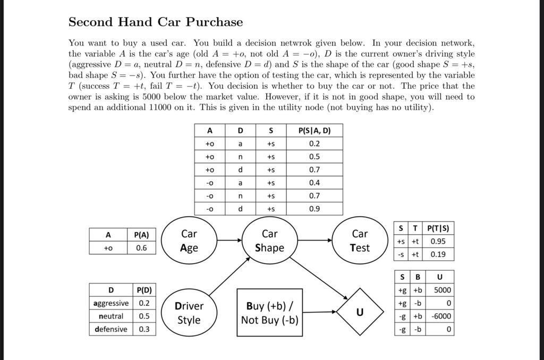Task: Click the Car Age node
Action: (x=189, y=241)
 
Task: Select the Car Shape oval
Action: (x=269, y=241)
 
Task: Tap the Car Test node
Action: (x=360, y=241)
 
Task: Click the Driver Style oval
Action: (x=189, y=313)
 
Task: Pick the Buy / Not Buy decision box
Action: (x=269, y=313)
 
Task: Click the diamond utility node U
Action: (x=360, y=312)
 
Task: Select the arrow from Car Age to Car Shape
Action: (x=229, y=241)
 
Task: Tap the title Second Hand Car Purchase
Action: (x=156, y=22)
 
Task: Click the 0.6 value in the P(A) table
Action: (x=141, y=248)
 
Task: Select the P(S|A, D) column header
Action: (x=314, y=131)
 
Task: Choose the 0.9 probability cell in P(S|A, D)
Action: (x=314, y=209)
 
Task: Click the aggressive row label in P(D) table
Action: (x=110, y=303)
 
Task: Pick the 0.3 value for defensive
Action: (x=144, y=329)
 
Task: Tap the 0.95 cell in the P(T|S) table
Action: (x=438, y=241)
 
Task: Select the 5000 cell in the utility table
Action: (x=442, y=290)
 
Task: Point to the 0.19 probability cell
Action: (x=438, y=254)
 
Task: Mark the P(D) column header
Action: (x=144, y=290)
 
